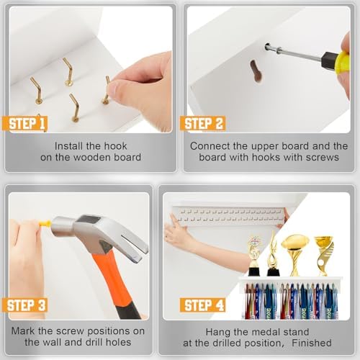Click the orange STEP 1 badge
24,124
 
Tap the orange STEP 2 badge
203,123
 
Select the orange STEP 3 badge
24,305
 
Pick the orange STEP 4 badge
203,305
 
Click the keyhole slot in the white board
256,71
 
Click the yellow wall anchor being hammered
45,224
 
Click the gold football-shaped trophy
294,255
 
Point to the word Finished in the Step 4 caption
312,343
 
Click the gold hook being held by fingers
106,91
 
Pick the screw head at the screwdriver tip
267,46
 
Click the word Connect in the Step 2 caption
207,146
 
